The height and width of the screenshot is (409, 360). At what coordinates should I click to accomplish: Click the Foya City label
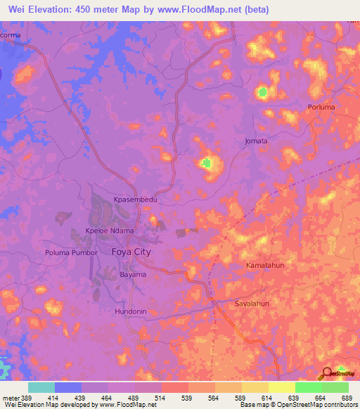pyautogui.click(x=131, y=251)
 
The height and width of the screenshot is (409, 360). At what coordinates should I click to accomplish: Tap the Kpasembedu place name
pyautogui.click(x=136, y=200)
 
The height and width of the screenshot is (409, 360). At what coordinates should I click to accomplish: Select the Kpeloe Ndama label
pyautogui.click(x=109, y=231)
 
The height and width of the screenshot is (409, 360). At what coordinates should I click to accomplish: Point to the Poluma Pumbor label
pyautogui.click(x=70, y=252)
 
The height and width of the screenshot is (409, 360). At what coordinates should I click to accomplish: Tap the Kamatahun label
pyautogui.click(x=265, y=266)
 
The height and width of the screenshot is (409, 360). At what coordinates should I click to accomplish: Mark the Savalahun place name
pyautogui.click(x=251, y=304)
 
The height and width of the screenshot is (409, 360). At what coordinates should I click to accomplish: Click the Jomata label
pyautogui.click(x=256, y=141)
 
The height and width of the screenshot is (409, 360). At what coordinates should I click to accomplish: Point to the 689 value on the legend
pyautogui.click(x=347, y=398)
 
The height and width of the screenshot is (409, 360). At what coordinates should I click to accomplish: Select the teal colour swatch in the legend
pyautogui.click(x=41, y=387)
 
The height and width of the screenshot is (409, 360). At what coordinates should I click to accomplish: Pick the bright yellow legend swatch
pyautogui.click(x=281, y=387)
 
